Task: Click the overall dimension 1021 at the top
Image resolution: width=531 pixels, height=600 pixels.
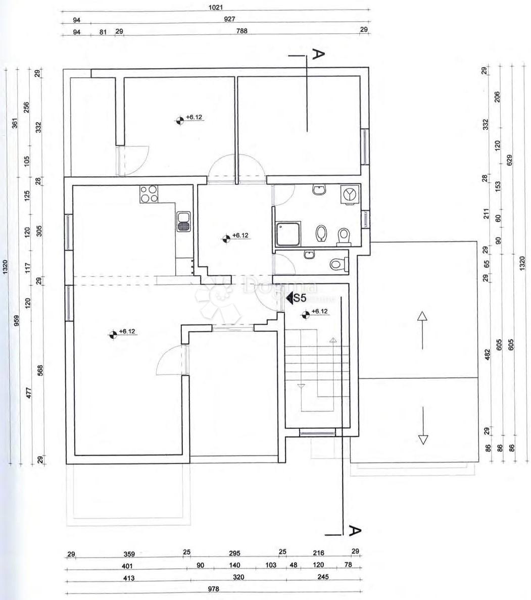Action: (x=216, y=8)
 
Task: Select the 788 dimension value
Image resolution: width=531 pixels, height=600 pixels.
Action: (x=243, y=31)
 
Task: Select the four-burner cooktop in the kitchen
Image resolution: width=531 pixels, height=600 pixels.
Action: (x=149, y=194)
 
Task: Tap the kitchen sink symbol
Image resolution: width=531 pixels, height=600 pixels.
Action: (x=183, y=222)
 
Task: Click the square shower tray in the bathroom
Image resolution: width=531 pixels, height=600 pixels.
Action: (x=287, y=233)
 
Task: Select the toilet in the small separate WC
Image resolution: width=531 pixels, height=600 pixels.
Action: (x=337, y=264)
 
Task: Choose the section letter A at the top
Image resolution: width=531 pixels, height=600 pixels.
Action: (x=317, y=54)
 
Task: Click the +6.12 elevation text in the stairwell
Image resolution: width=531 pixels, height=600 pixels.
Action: (x=320, y=312)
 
